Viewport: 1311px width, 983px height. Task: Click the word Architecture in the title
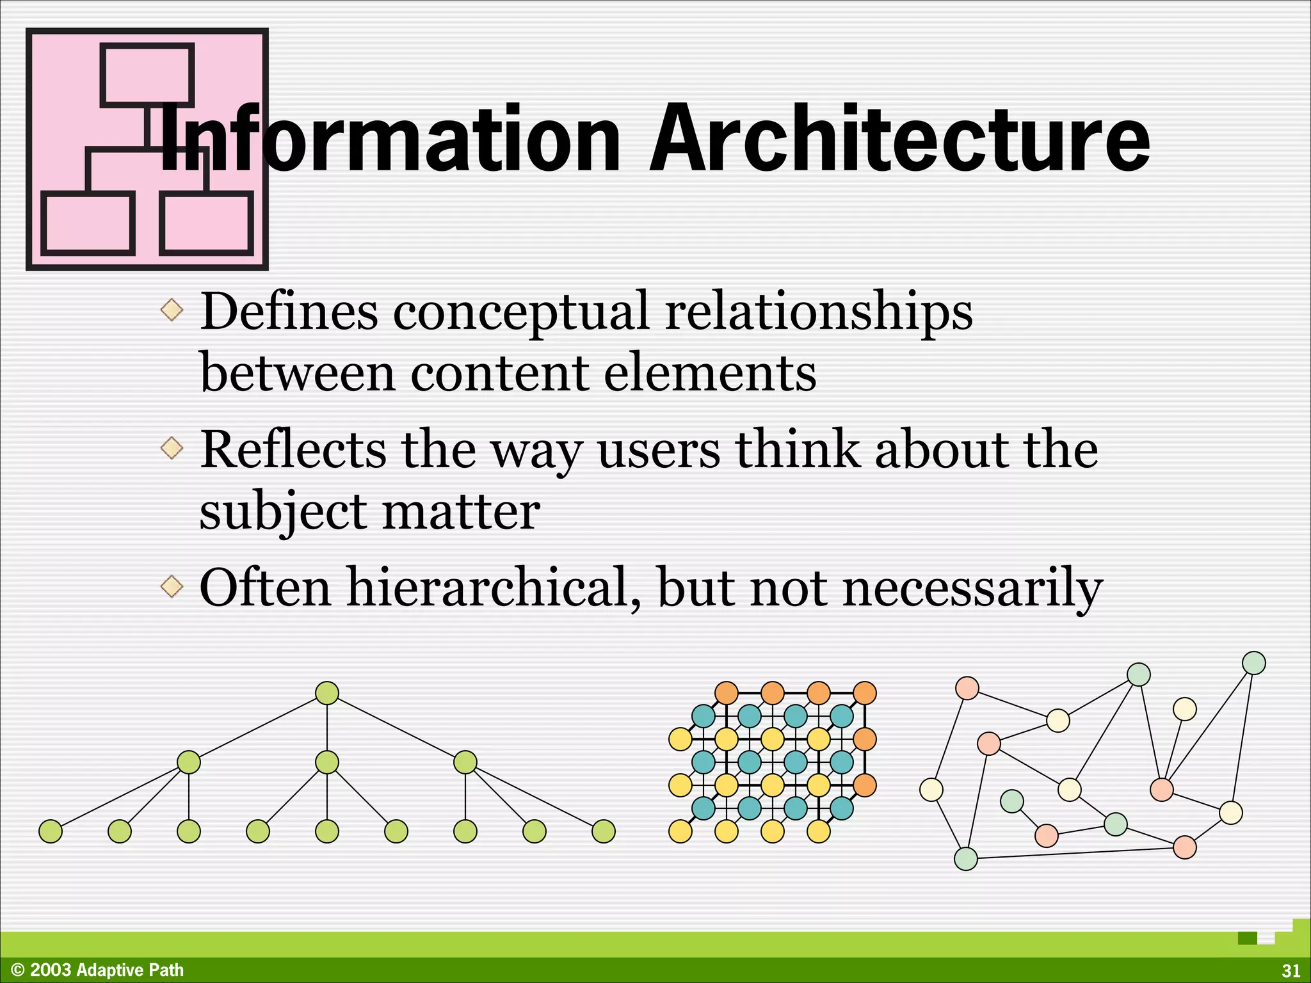pyautogui.click(x=899, y=140)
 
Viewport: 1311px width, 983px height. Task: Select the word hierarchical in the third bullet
pyautogui.click(x=487, y=587)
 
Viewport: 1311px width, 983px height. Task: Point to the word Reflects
pyautogui.click(x=293, y=449)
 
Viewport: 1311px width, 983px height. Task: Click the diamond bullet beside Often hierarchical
pyautogui.click(x=172, y=586)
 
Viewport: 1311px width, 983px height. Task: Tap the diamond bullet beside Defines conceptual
pyautogui.click(x=172, y=310)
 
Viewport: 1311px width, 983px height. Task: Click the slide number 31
pyautogui.click(x=1291, y=971)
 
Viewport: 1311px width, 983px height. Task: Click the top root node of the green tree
pyautogui.click(x=327, y=693)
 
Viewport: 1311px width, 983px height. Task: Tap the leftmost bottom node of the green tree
pyautogui.click(x=51, y=831)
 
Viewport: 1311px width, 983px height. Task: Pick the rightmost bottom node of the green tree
pyautogui.click(x=604, y=831)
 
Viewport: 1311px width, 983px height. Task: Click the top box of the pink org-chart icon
pyautogui.click(x=147, y=74)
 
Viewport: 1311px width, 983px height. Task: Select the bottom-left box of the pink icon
pyautogui.click(x=88, y=223)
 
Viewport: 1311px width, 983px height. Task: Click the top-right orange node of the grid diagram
pyautogui.click(x=865, y=693)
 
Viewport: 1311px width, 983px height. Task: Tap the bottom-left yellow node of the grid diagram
pyautogui.click(x=680, y=831)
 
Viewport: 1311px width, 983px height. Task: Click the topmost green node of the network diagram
pyautogui.click(x=1253, y=663)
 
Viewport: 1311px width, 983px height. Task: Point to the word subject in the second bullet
pyautogui.click(x=282, y=512)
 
